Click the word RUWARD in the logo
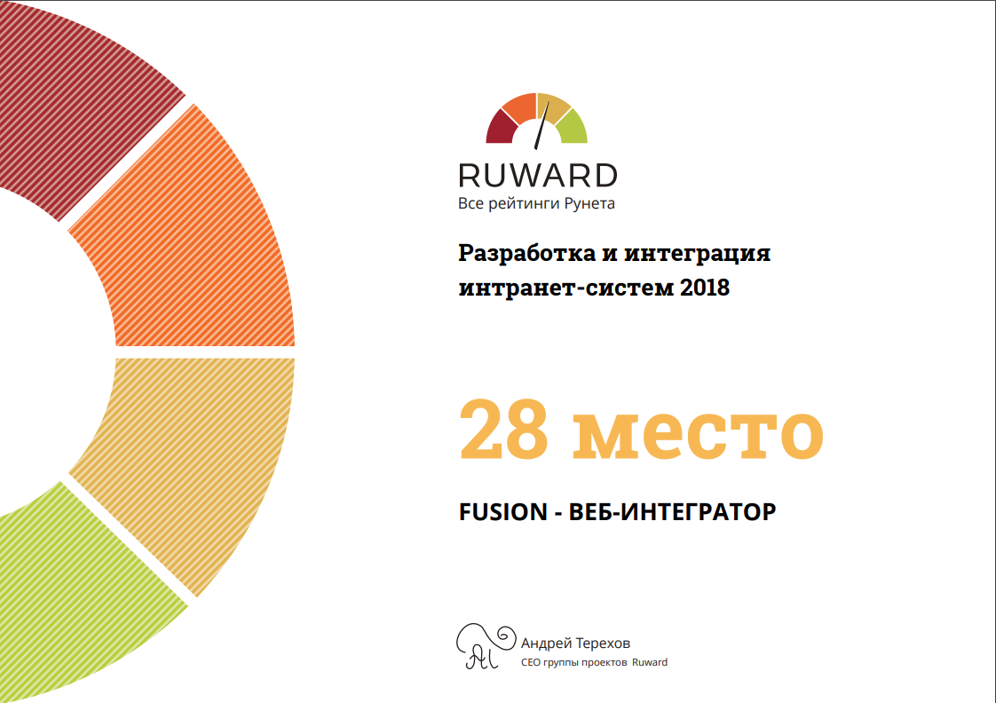click(537, 175)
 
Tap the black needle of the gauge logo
click(541, 126)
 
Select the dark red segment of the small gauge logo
click(502, 127)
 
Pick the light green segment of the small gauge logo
click(572, 127)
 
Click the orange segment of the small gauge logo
click(520, 106)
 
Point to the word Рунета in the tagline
click(589, 204)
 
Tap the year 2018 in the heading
click(705, 288)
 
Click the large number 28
click(503, 429)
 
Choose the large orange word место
click(698, 435)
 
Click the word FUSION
click(503, 512)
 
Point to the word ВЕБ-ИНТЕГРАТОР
click(672, 512)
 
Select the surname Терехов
click(603, 644)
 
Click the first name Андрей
click(546, 644)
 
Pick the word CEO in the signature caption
click(530, 662)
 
